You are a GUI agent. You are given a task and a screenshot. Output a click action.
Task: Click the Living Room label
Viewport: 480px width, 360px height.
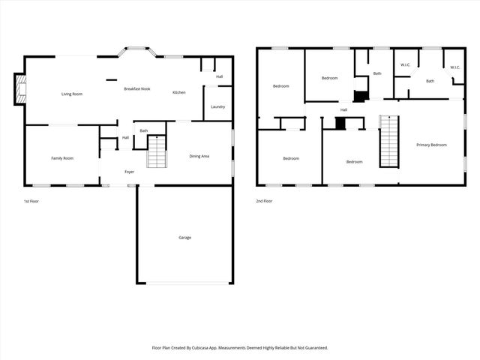(x=72, y=94)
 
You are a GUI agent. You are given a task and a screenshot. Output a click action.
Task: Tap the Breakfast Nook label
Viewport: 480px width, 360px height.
(x=137, y=89)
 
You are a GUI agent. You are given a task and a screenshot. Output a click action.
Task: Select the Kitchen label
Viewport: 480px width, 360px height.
(x=179, y=92)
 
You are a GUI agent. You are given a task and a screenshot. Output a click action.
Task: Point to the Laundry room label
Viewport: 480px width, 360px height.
(x=218, y=106)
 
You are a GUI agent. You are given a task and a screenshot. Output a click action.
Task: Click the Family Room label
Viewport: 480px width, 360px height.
(x=62, y=158)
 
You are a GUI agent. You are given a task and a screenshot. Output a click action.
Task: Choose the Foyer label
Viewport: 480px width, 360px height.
(x=129, y=172)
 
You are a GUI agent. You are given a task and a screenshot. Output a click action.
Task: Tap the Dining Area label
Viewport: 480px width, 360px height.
(x=199, y=156)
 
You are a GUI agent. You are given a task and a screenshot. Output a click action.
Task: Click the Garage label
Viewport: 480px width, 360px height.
(x=184, y=238)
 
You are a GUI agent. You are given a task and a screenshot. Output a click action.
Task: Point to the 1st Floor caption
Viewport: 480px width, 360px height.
(x=31, y=201)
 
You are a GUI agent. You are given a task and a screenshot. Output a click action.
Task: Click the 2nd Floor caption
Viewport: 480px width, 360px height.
(x=264, y=201)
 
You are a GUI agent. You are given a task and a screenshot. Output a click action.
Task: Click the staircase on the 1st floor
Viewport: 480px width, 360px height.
(x=155, y=157)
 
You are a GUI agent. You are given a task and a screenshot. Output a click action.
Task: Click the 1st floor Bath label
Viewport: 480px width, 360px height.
(x=143, y=131)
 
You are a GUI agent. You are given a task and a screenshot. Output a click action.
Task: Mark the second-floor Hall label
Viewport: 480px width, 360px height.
(x=343, y=110)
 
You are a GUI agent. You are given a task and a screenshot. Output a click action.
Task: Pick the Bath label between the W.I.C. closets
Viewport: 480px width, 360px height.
(x=430, y=81)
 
